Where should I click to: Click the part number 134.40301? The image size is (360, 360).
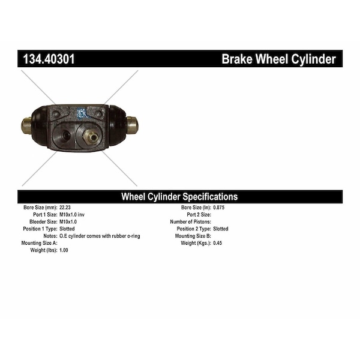tap(49, 59)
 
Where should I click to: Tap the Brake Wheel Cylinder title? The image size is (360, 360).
tap(279, 59)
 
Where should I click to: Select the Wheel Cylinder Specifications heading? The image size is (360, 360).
tap(179, 197)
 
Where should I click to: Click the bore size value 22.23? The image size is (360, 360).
tap(65, 208)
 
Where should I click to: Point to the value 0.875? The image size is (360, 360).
tap(219, 208)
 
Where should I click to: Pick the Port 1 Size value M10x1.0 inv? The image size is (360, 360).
tap(72, 215)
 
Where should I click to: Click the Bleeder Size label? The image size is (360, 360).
tap(43, 222)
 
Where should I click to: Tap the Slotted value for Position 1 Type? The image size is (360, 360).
tap(67, 229)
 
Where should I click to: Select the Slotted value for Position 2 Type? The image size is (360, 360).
tap(221, 229)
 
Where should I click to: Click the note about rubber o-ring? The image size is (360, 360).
tap(100, 236)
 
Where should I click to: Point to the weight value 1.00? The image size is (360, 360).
tap(64, 250)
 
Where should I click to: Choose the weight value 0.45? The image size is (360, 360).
tap(217, 243)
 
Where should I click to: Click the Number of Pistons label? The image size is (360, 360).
tap(191, 222)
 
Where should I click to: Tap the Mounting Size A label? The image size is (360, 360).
tap(39, 243)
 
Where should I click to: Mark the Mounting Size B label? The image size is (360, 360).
tap(193, 236)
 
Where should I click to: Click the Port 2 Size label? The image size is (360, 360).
tap(199, 215)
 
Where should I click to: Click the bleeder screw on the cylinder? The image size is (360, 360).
tap(90, 137)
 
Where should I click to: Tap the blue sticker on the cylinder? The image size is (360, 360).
tap(81, 113)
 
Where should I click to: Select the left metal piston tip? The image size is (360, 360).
tap(26, 125)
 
